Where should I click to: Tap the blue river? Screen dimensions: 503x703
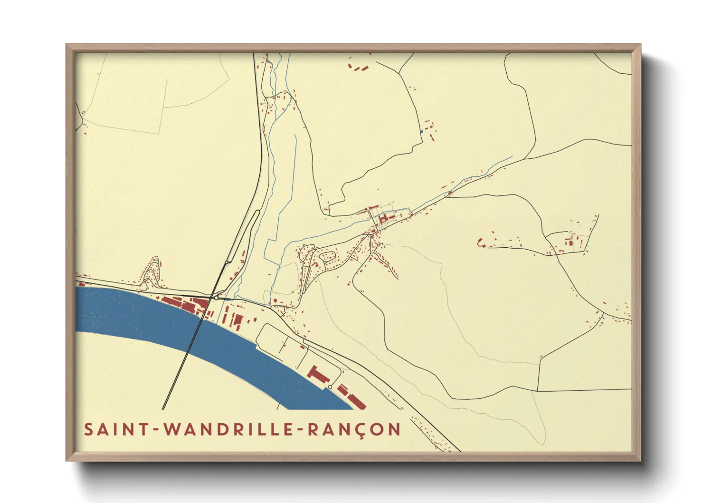click(x=142, y=314)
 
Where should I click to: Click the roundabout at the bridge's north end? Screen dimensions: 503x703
click(x=216, y=298)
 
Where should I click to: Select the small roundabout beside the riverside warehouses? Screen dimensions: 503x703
click(x=330, y=387)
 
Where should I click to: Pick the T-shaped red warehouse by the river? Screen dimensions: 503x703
click(x=318, y=375)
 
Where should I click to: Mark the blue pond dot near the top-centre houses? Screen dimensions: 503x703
click(x=421, y=131)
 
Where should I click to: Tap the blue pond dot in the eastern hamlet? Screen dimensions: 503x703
click(x=521, y=245)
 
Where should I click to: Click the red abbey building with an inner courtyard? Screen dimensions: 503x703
click(x=383, y=219)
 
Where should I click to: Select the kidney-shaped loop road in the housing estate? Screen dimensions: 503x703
click(x=327, y=257)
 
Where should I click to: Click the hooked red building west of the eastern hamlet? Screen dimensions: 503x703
click(x=480, y=243)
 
